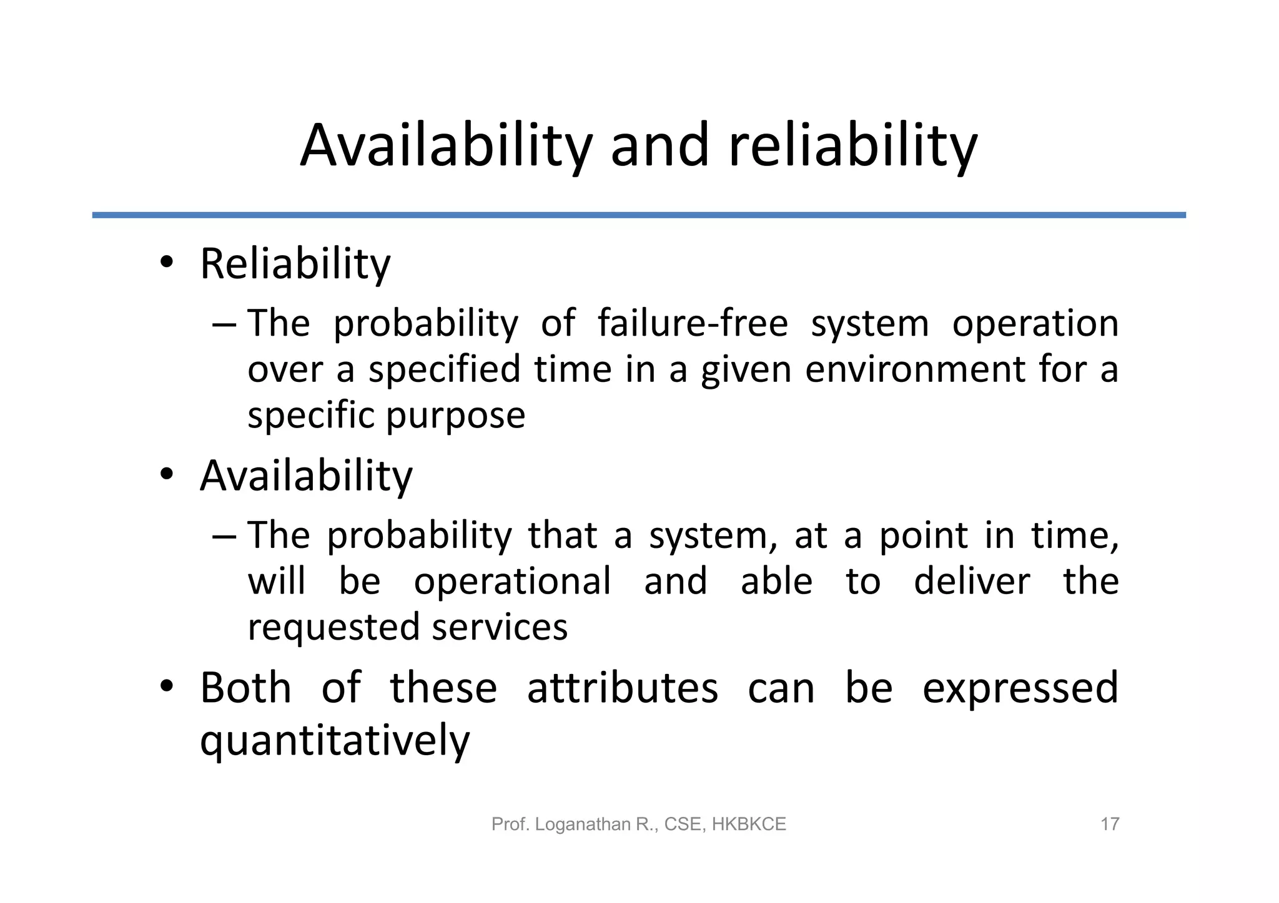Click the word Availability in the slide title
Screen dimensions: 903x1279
click(445, 146)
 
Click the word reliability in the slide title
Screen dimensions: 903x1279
click(852, 146)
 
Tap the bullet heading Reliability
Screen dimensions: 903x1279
click(295, 264)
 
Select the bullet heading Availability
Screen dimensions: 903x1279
click(306, 476)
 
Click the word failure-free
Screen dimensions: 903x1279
click(693, 323)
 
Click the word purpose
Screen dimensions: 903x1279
click(456, 415)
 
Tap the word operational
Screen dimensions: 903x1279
click(512, 581)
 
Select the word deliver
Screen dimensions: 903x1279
click(972, 581)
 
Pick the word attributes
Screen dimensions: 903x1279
click(623, 688)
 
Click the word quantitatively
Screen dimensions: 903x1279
click(335, 741)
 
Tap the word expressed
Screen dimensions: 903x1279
click(1020, 688)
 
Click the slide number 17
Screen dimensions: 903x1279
click(1109, 824)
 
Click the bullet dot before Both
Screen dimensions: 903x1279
click(166, 686)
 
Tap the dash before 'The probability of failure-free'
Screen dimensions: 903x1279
click(224, 325)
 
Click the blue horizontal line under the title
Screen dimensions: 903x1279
click(638, 215)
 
